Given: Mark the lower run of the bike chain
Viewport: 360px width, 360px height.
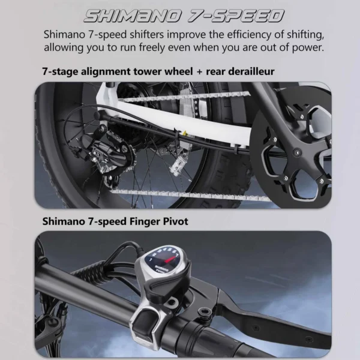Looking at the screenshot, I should pos(192,193).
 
